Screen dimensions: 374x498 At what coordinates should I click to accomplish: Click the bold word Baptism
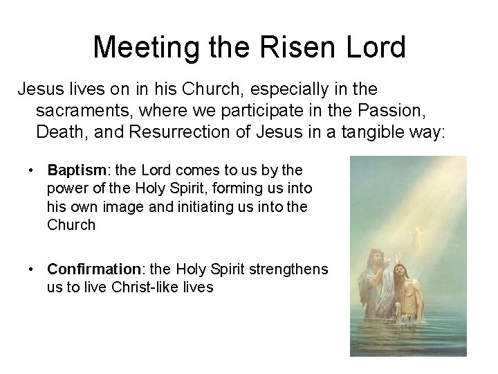pyautogui.click(x=73, y=170)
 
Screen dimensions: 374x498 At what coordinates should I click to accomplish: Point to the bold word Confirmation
pyautogui.click(x=91, y=269)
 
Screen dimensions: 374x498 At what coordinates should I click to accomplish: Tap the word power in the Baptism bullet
pyautogui.click(x=66, y=188)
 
